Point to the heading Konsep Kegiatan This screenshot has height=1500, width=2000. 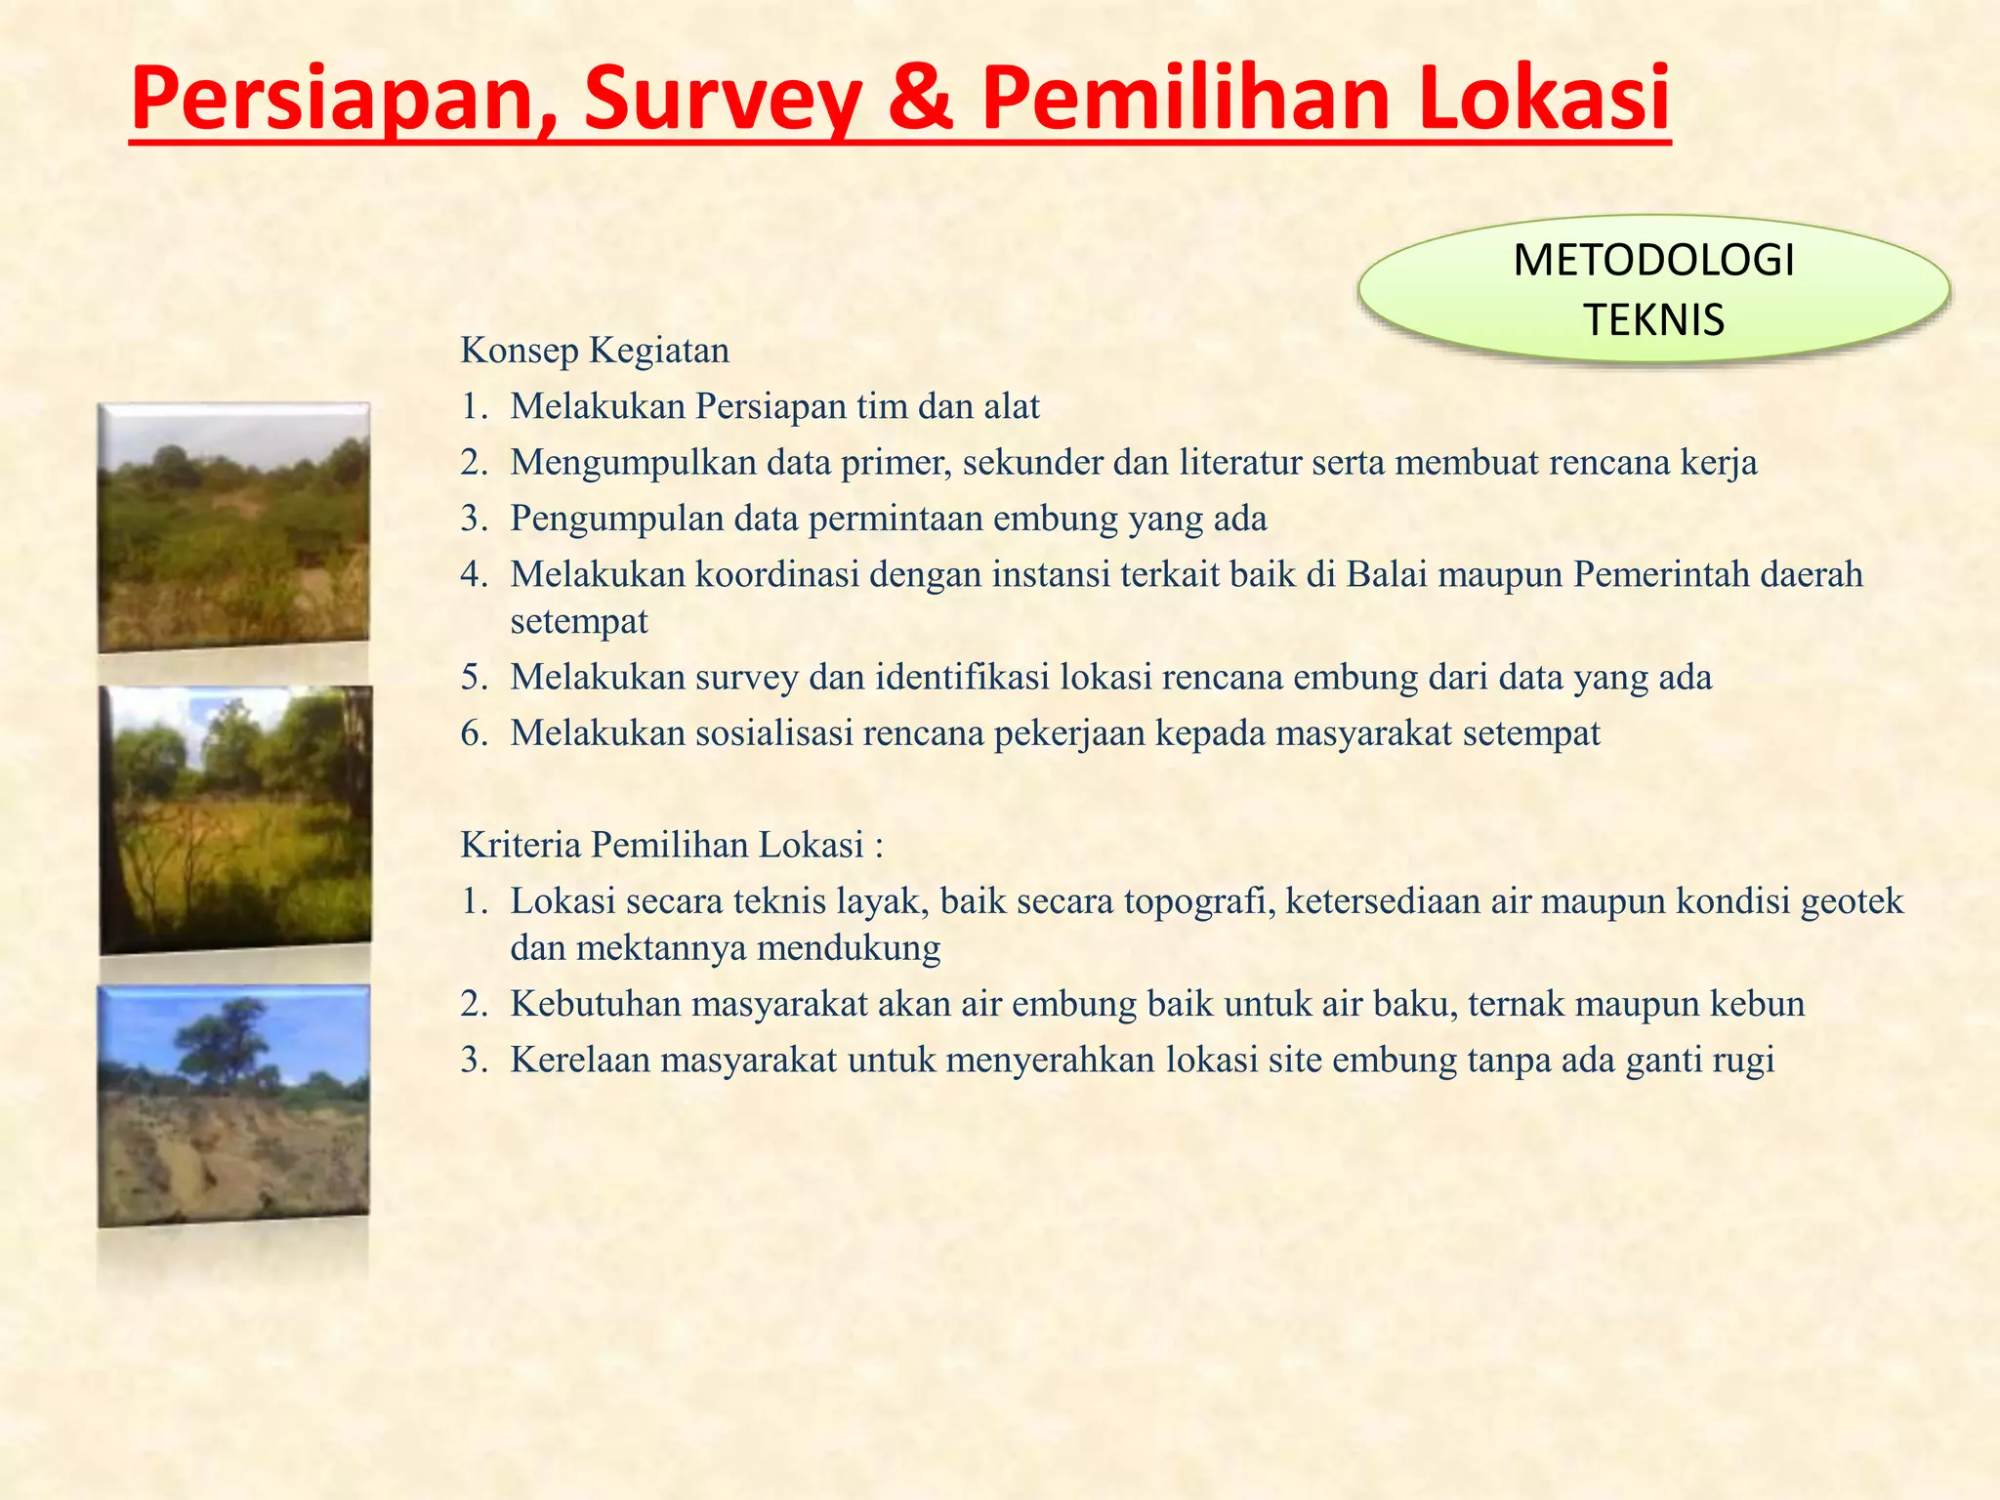tap(595, 350)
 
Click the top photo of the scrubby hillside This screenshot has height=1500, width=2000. tap(233, 527)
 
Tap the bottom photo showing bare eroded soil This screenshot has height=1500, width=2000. tap(233, 1105)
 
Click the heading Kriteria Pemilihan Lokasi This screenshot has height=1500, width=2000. tap(672, 845)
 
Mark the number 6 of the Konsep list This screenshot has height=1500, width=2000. tap(473, 733)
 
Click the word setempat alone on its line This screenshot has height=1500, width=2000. tap(579, 621)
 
